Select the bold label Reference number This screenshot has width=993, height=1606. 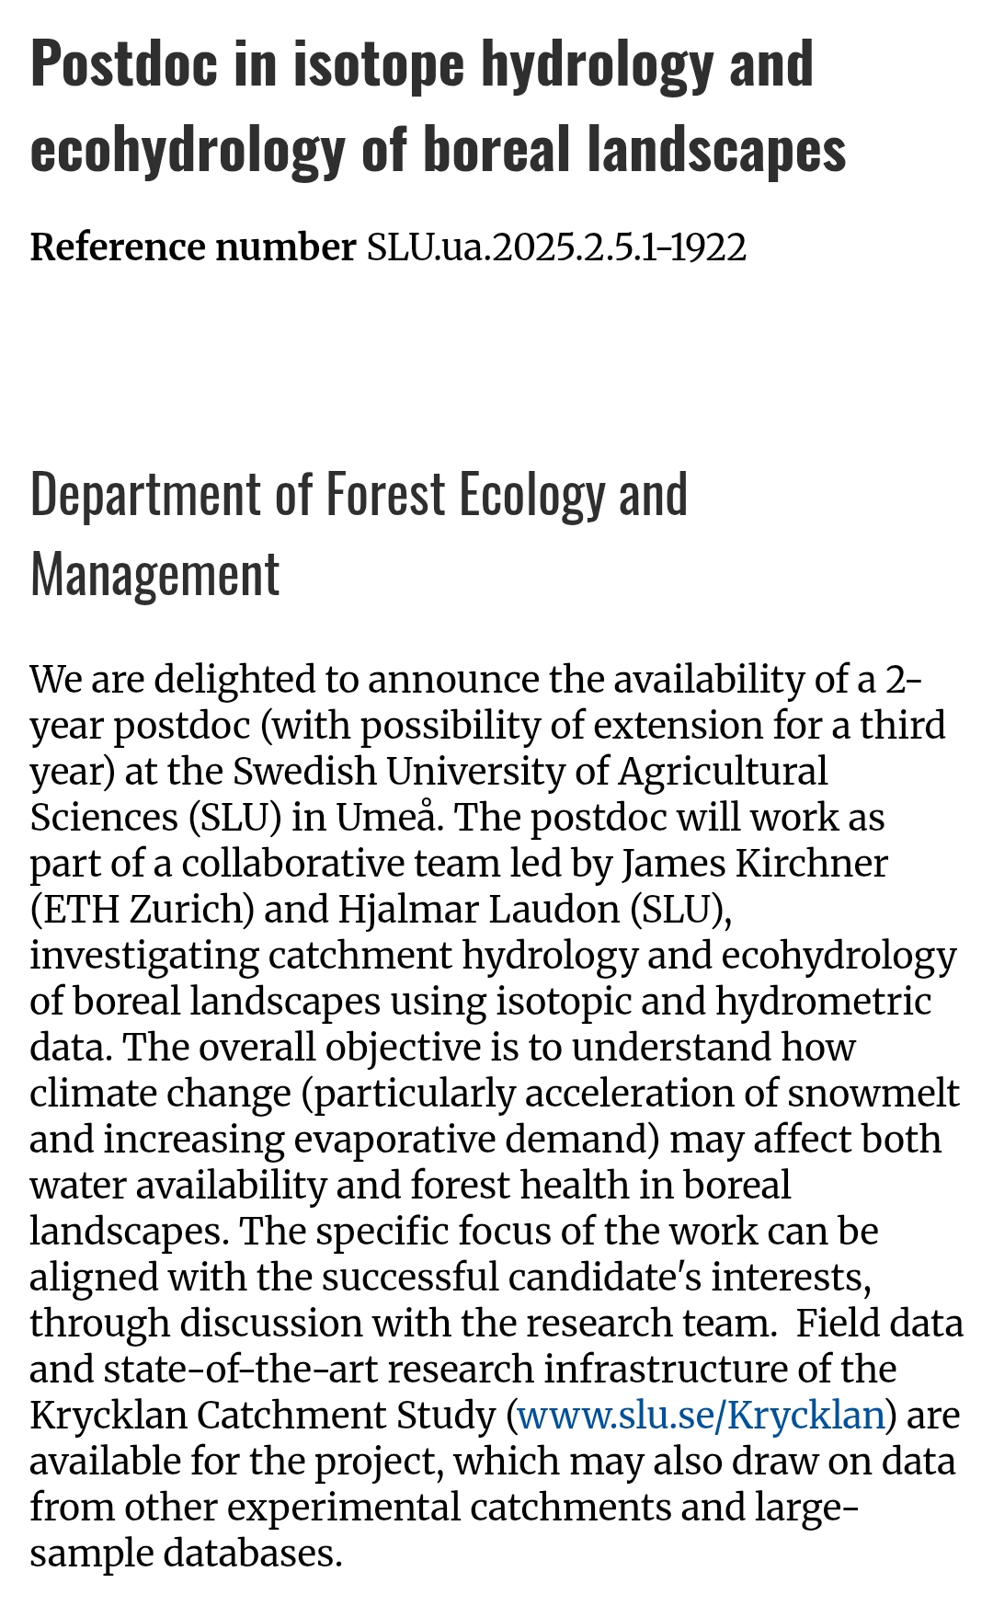tap(192, 247)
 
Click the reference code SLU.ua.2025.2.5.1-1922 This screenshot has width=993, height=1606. tap(556, 247)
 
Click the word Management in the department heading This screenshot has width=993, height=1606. tap(154, 576)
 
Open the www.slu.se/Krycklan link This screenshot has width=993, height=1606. tap(702, 1415)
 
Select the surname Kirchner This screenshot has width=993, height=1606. tap(809, 863)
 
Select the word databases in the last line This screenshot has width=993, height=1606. tap(252, 1553)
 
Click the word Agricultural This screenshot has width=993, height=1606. tap(723, 771)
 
